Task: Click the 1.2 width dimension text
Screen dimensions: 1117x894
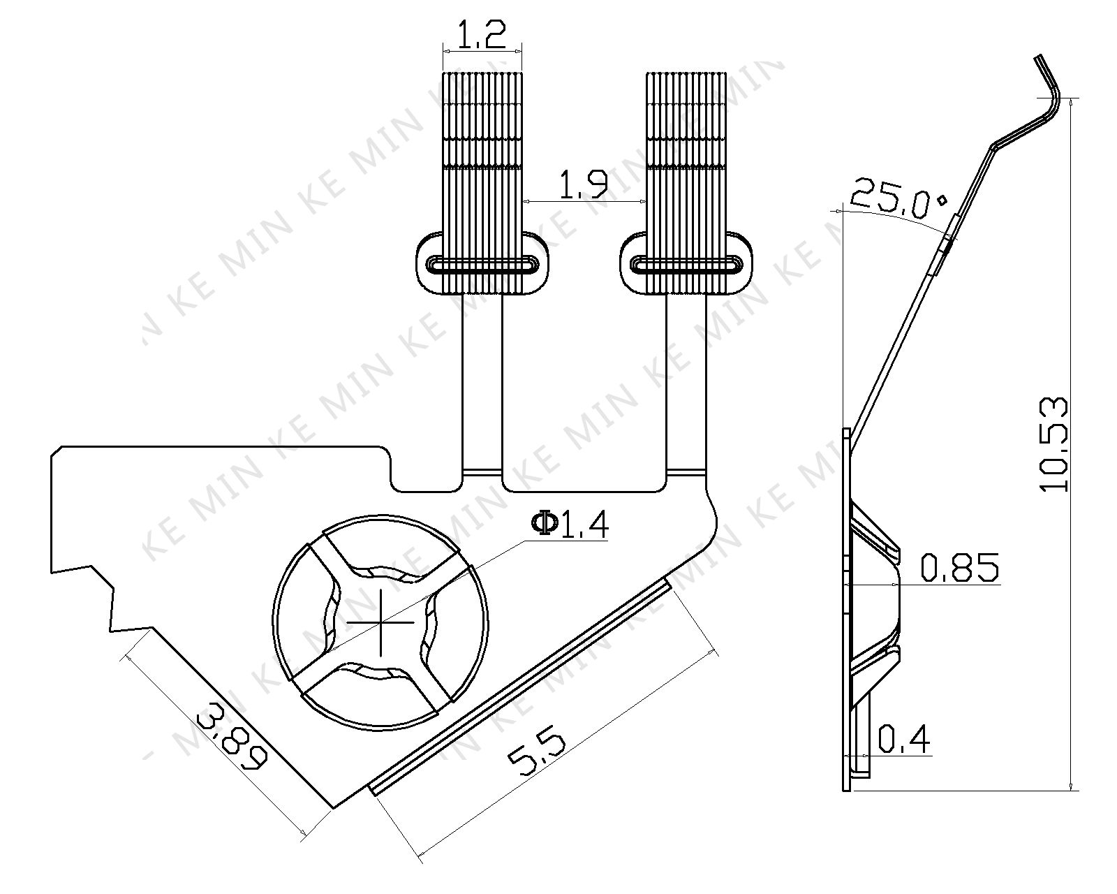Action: [482, 36]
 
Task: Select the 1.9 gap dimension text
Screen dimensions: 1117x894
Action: [583, 185]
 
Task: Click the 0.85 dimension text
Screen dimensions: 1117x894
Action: [960, 567]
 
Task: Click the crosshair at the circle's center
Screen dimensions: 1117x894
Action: [380, 622]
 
